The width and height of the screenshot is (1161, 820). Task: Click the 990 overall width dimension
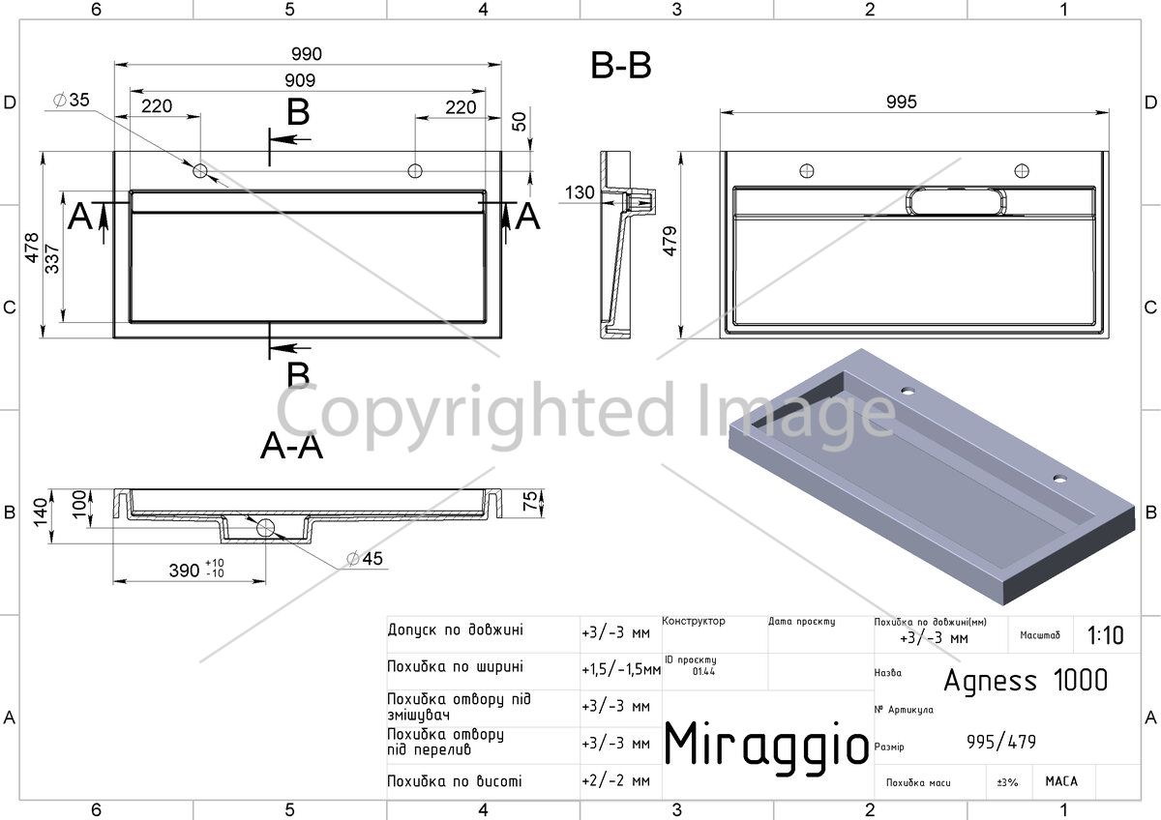(307, 54)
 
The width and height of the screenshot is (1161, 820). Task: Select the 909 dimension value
(300, 80)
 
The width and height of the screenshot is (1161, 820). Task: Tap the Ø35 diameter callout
(72, 100)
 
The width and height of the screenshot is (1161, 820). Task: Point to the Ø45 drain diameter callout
(365, 558)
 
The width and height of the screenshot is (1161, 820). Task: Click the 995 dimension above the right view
(902, 102)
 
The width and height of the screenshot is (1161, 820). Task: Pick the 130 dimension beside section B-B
(580, 192)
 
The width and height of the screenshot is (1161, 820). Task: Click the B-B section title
(621, 66)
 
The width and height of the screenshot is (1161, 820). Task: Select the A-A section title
(292, 446)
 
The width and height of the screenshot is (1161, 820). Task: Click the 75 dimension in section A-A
(529, 501)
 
